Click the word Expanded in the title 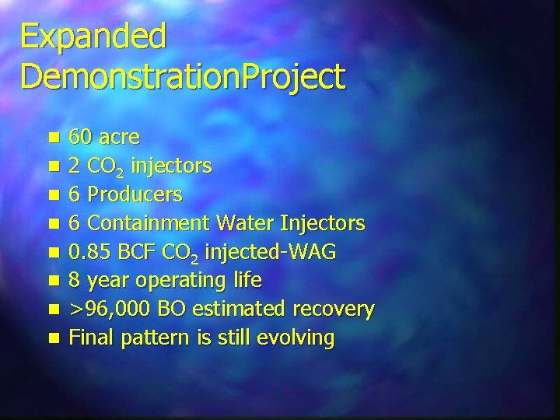coord(93,37)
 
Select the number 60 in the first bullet coord(79,138)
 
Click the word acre coord(117,138)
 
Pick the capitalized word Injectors coord(321,224)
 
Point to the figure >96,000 coord(110,310)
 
